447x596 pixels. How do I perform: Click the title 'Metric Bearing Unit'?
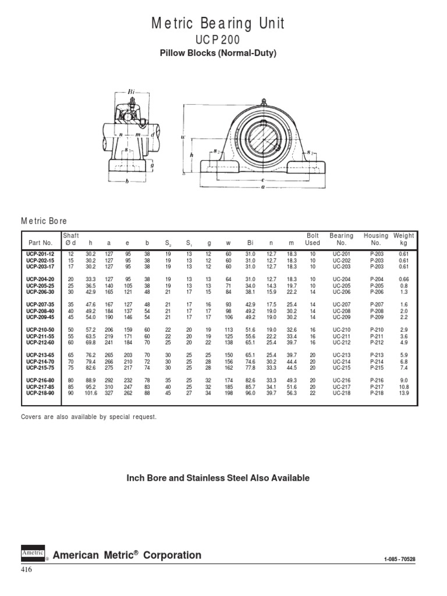point(218,24)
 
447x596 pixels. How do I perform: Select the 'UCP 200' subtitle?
point(218,40)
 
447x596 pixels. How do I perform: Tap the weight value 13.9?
point(404,393)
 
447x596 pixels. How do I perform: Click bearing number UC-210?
point(340,329)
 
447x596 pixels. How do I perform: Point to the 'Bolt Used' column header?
point(313,239)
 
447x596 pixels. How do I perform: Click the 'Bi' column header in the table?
point(250,243)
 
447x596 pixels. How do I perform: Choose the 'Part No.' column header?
point(40,243)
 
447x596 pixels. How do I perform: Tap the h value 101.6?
point(90,393)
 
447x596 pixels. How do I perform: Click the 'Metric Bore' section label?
point(44,221)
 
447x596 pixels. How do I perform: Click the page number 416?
point(27,570)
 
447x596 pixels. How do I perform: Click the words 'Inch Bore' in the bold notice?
point(147,478)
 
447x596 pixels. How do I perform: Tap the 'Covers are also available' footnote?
point(88,417)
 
